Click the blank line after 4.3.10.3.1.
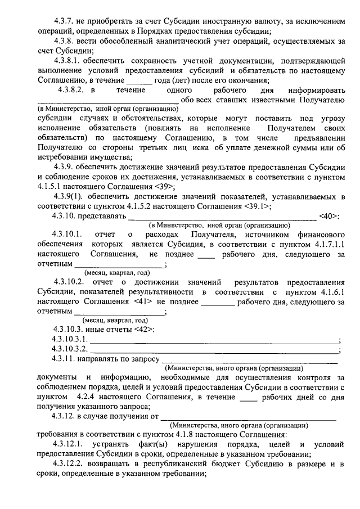[x=214, y=340]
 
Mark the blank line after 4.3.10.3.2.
[x=214, y=350]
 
